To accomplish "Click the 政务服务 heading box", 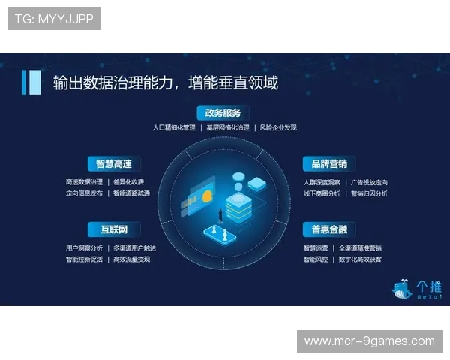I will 223,113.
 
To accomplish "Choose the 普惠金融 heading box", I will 329,229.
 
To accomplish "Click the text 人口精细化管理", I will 173,128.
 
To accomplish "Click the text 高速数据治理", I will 84,182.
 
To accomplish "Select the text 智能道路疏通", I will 131,193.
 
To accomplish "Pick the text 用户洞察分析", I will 84,248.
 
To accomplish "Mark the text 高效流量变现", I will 131,259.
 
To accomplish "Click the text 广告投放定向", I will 369,182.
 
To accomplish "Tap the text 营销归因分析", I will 369,193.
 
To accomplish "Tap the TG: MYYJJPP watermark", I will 54,19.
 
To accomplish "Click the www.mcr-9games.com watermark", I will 369,341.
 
